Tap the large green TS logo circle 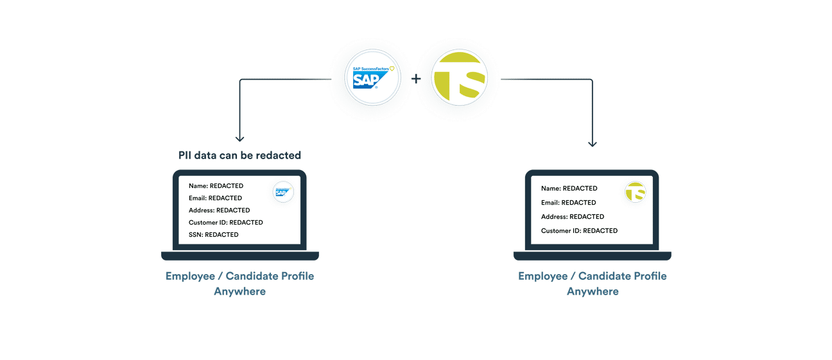tap(459, 78)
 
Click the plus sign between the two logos tap(416, 80)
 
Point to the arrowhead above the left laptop tap(240, 137)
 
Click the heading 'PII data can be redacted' tap(239, 155)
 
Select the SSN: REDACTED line tap(213, 235)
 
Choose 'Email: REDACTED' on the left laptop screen tap(215, 198)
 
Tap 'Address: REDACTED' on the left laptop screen tap(219, 210)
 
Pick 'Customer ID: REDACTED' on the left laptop tap(225, 223)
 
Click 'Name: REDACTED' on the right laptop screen tap(569, 189)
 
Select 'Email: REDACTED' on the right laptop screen tap(568, 203)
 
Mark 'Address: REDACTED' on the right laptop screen tap(572, 217)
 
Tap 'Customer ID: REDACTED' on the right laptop tap(579, 231)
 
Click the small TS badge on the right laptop tap(635, 191)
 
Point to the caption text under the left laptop tap(240, 284)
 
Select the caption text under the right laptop tap(593, 284)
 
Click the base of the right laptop tap(593, 256)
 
